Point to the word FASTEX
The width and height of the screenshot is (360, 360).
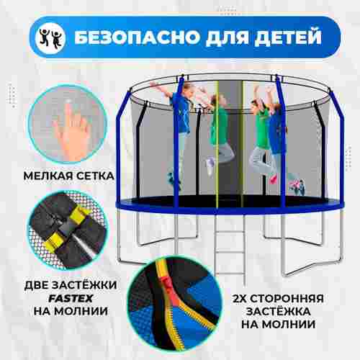[64, 295]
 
